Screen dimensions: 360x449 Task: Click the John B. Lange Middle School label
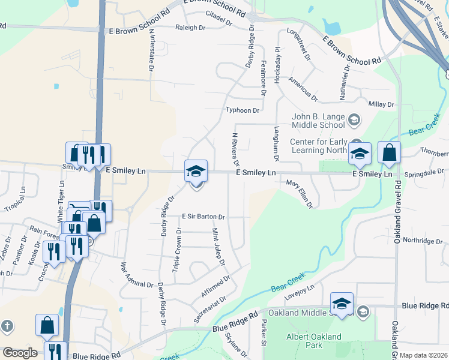point(318,121)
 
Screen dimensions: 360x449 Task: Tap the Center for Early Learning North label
point(319,146)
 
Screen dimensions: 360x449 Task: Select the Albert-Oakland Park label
point(313,341)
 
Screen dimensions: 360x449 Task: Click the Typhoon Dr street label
point(243,110)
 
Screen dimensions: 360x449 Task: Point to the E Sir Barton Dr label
point(203,217)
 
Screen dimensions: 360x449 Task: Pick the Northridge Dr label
point(422,241)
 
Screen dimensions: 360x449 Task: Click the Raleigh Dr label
point(190,28)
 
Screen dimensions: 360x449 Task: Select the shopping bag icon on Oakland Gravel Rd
point(389,154)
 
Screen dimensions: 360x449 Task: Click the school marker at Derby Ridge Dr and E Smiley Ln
point(196,172)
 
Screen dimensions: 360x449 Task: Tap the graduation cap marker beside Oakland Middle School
point(342,305)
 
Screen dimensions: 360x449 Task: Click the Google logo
point(20,353)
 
